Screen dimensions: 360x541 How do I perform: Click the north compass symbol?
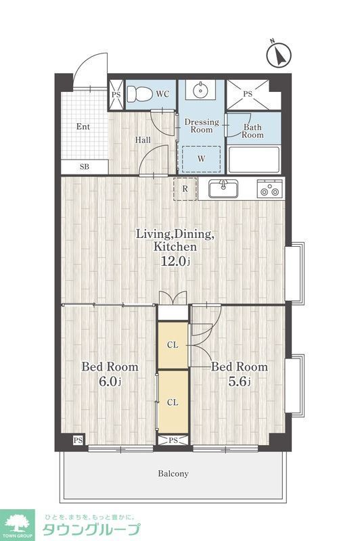click(x=279, y=54)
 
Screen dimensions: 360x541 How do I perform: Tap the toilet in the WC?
click(x=139, y=94)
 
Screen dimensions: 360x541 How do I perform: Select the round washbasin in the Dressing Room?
click(x=200, y=91)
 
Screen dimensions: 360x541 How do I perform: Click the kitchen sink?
click(x=223, y=189)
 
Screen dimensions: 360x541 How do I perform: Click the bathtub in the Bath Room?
click(x=254, y=160)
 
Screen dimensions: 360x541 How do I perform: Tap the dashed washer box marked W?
click(x=201, y=159)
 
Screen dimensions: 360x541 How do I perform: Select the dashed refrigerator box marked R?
click(x=185, y=189)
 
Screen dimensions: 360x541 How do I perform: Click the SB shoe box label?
click(x=85, y=167)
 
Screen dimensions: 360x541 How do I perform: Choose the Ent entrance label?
click(x=83, y=126)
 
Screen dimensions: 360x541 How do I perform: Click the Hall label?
click(x=143, y=140)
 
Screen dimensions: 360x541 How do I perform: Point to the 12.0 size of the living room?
click(x=176, y=261)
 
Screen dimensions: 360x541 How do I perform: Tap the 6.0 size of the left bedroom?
click(x=110, y=381)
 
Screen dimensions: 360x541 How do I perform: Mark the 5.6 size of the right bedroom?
click(x=239, y=381)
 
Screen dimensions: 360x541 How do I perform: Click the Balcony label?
click(x=173, y=473)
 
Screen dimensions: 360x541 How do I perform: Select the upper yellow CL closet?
click(x=173, y=345)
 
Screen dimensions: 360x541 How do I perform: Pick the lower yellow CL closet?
click(x=173, y=402)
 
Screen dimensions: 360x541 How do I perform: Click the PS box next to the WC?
click(x=116, y=95)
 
